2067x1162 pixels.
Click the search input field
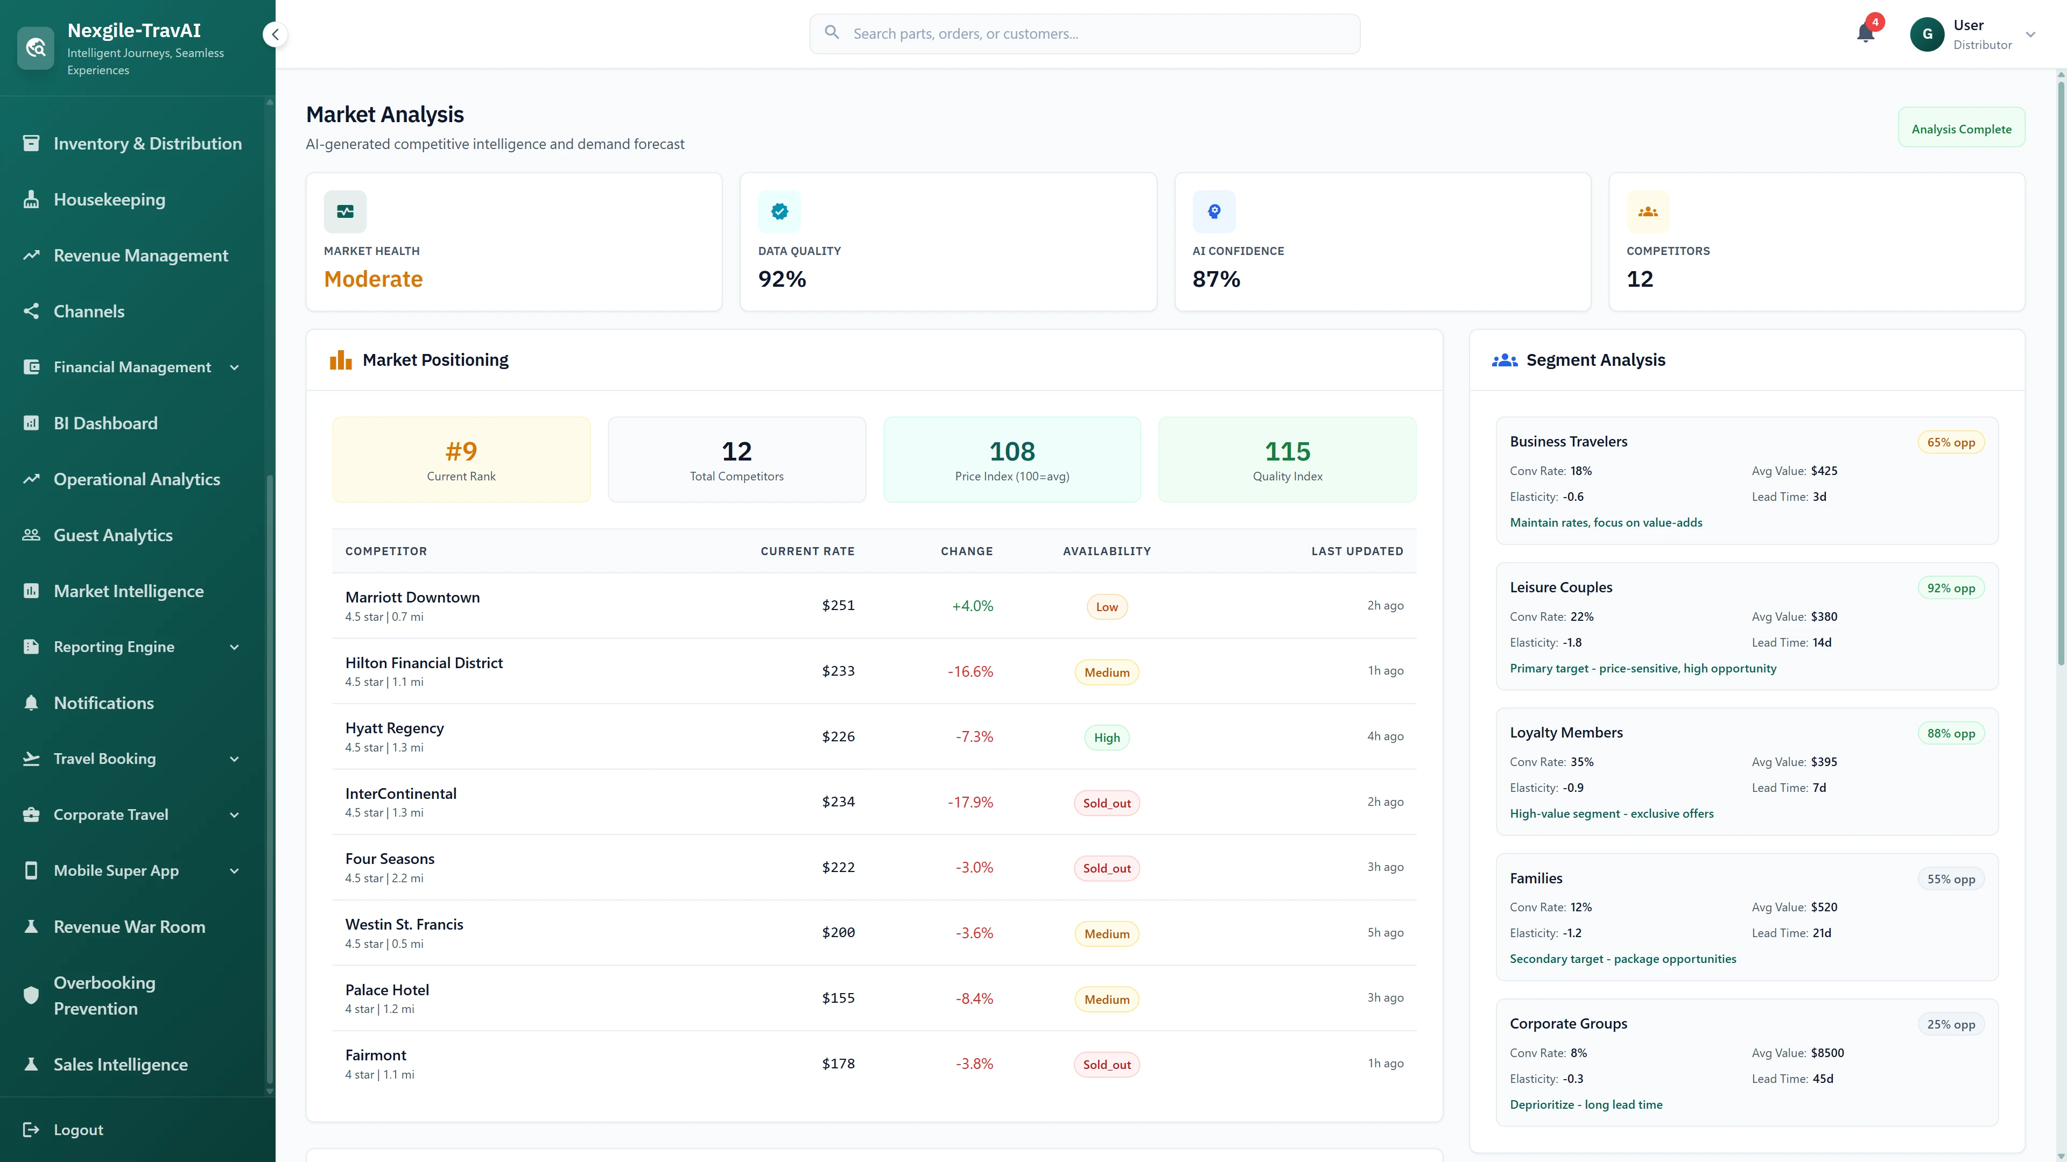1085,34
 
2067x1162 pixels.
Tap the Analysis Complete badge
1960,129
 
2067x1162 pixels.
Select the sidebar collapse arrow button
275,34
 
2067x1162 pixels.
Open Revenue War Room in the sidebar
129,926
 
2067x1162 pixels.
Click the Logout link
78,1129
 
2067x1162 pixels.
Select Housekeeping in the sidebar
109,200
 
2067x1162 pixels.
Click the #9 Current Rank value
461,451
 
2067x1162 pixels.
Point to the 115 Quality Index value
1287,451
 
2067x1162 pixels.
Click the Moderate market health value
373,279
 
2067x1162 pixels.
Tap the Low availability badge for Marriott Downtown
1107,607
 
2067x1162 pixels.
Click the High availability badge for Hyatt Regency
1107,738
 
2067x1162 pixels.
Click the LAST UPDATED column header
1357,551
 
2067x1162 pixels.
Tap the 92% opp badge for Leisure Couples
1951,588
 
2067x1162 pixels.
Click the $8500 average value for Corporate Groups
1827,1053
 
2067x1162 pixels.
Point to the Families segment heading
1536,878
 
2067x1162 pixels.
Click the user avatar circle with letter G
1927,34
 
